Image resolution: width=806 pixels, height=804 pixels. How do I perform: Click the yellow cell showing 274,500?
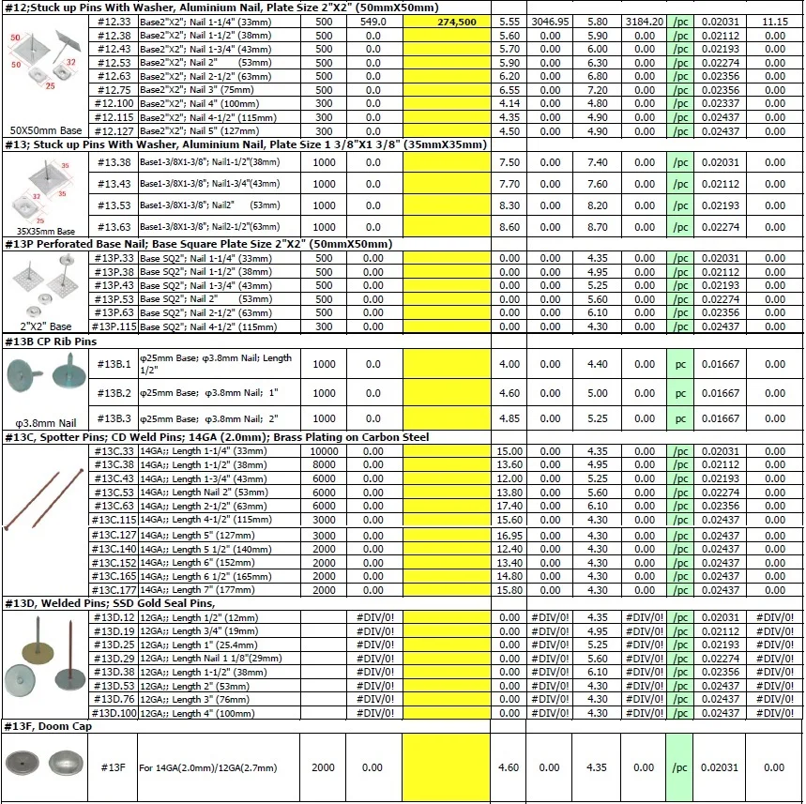tap(447, 21)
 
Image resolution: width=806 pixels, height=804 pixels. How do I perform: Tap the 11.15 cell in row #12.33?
tap(774, 21)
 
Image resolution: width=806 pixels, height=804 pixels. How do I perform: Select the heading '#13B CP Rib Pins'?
tap(52, 342)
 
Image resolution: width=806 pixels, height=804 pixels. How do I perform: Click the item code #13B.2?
tap(114, 393)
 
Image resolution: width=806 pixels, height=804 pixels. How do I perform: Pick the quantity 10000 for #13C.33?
tap(324, 451)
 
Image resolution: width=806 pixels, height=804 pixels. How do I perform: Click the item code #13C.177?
tap(114, 590)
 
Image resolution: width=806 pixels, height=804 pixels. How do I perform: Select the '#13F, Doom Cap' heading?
tap(46, 727)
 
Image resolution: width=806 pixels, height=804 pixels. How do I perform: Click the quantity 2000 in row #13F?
tap(324, 767)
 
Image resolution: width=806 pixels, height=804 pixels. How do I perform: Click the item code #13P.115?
tap(114, 326)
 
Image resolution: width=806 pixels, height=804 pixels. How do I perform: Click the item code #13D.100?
tap(114, 714)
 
